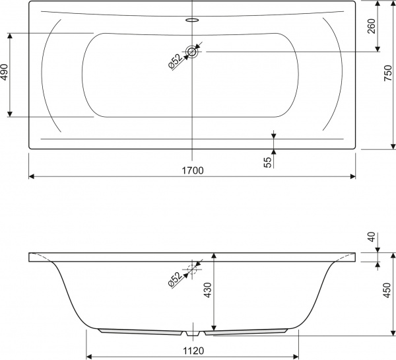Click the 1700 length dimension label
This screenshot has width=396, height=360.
tap(192, 170)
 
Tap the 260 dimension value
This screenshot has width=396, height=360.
tap(371, 26)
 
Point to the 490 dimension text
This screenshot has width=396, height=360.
tap(5, 73)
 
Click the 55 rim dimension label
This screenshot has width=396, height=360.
tap(267, 161)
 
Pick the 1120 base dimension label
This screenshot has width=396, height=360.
tap(193, 352)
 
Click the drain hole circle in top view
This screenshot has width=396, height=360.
tap(192, 52)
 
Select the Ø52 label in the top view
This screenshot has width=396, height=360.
tap(174, 60)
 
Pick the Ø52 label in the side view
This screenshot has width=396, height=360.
tap(174, 279)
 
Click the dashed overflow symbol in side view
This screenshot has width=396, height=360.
tap(193, 268)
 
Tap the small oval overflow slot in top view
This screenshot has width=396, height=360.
tap(192, 20)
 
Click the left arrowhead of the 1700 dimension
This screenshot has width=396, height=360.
tap(32, 176)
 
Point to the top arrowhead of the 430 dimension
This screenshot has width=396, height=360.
tap(213, 255)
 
